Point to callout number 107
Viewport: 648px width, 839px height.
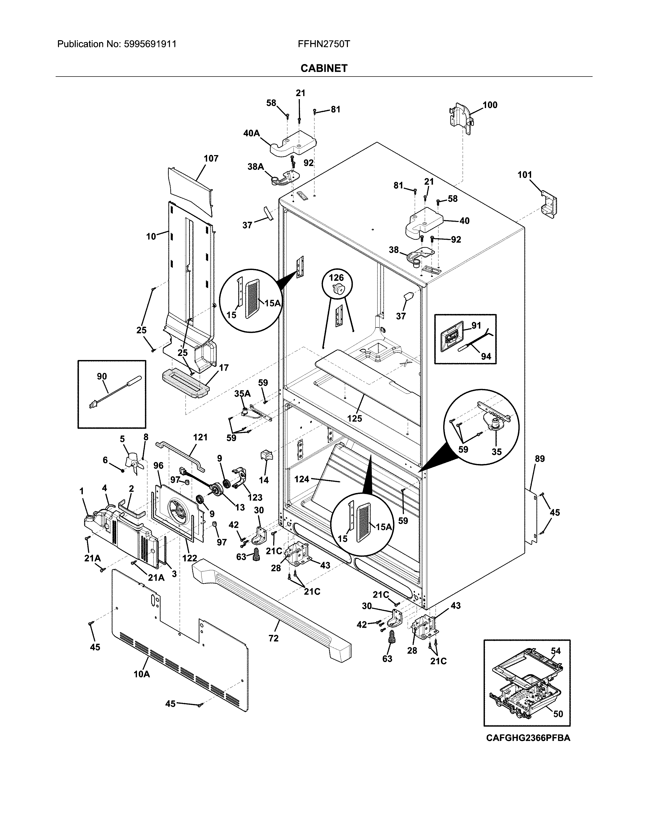(x=211, y=158)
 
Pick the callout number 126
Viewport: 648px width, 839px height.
(x=336, y=277)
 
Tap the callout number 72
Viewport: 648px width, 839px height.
(x=273, y=638)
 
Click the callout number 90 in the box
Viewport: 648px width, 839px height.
(x=102, y=377)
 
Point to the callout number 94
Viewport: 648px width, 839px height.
(x=486, y=356)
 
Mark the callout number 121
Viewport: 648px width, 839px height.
(x=200, y=437)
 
